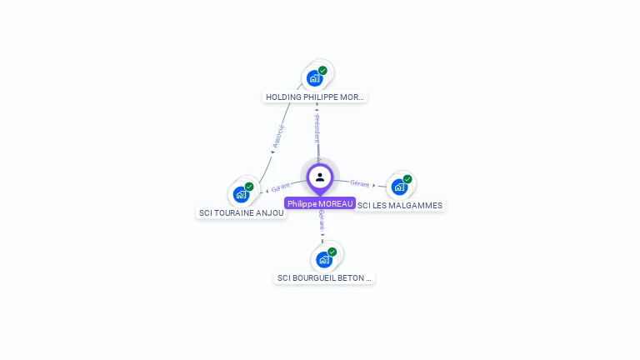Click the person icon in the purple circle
click(320, 177)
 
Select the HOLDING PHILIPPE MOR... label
click(315, 97)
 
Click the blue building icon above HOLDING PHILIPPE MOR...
click(314, 78)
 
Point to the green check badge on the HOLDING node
click(322, 71)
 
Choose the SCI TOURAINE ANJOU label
click(241, 212)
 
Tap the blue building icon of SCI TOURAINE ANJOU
click(241, 194)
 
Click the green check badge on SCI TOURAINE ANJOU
click(249, 187)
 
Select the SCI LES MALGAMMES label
click(400, 205)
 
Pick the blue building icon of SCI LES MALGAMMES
click(399, 187)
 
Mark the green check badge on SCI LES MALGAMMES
click(407, 179)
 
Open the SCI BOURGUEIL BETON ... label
click(324, 277)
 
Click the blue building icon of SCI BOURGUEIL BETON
click(323, 259)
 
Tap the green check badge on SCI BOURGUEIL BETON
click(332, 252)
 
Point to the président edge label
click(317, 128)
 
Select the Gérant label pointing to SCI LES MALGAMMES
click(360, 183)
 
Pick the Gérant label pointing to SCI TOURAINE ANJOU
click(280, 188)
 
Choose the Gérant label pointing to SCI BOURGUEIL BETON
click(322, 220)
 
